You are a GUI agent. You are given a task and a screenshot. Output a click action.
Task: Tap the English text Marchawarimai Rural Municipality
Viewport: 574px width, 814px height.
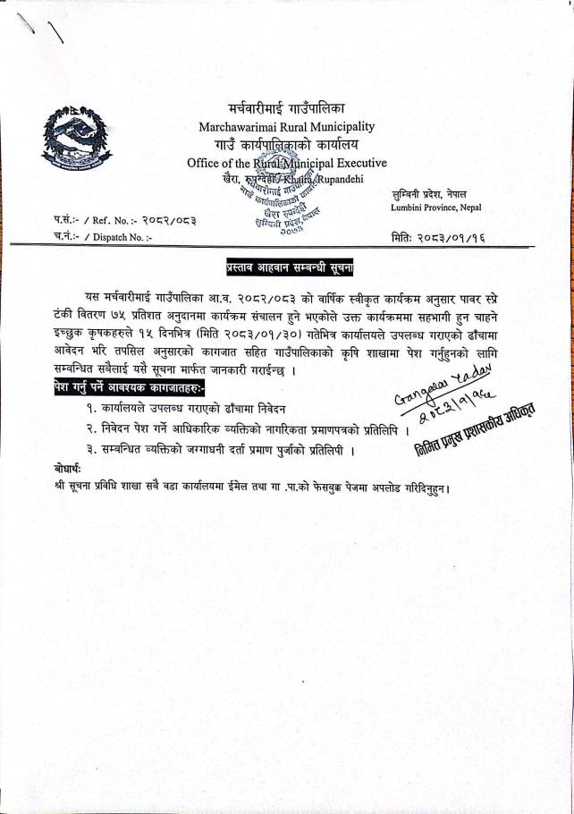coord(286,127)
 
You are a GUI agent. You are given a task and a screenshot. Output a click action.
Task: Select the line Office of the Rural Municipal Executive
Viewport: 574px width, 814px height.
coord(286,163)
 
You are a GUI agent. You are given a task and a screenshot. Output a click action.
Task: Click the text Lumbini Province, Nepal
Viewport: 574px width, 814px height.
coord(435,208)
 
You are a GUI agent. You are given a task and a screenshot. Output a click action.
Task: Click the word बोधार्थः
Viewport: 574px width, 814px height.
coord(69,469)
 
